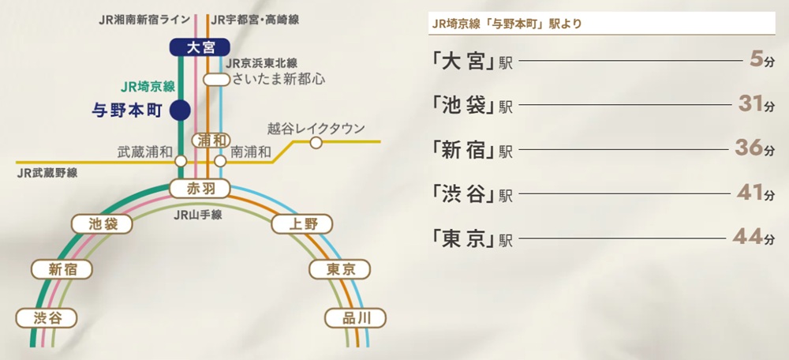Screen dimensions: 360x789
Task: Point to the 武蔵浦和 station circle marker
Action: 181,160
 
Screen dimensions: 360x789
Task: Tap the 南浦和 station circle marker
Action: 220,160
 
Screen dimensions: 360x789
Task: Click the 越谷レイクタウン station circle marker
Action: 316,143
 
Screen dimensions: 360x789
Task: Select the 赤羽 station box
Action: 200,189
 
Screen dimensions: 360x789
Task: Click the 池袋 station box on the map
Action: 104,224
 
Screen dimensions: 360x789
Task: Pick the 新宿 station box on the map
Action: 62,269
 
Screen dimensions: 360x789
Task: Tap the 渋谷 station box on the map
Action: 47,318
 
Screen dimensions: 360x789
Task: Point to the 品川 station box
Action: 357,318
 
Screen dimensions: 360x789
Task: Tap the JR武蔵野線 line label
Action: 47,173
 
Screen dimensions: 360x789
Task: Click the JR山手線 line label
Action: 198,213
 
